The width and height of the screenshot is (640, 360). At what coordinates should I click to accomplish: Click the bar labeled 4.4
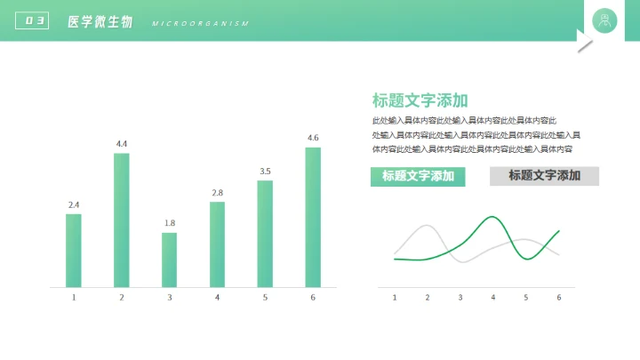click(121, 220)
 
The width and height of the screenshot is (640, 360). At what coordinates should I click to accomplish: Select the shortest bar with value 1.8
click(169, 260)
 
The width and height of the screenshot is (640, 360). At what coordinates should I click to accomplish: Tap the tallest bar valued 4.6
click(313, 217)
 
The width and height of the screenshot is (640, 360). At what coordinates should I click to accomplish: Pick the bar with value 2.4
click(73, 250)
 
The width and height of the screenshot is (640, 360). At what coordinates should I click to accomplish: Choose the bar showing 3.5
click(265, 234)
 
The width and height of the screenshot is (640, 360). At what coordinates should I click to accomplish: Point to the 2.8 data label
click(217, 193)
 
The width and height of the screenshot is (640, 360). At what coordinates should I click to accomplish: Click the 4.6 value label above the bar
click(313, 138)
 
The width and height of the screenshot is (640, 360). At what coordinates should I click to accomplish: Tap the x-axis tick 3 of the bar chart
click(169, 298)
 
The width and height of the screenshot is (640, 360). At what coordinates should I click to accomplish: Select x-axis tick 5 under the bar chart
click(265, 298)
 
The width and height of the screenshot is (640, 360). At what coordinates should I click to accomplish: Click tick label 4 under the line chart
click(493, 298)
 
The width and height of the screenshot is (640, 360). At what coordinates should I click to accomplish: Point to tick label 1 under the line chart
click(395, 298)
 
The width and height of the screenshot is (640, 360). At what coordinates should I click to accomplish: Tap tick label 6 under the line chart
click(559, 298)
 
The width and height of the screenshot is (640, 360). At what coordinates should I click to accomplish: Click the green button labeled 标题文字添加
click(418, 176)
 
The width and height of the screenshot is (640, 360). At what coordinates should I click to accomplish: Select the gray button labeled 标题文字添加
click(544, 176)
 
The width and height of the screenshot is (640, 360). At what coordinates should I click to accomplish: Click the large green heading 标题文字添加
click(420, 100)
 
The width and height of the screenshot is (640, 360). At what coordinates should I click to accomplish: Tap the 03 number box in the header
click(32, 21)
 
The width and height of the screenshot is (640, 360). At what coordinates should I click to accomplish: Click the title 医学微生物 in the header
click(100, 21)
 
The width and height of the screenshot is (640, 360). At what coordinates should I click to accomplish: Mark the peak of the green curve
click(492, 217)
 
